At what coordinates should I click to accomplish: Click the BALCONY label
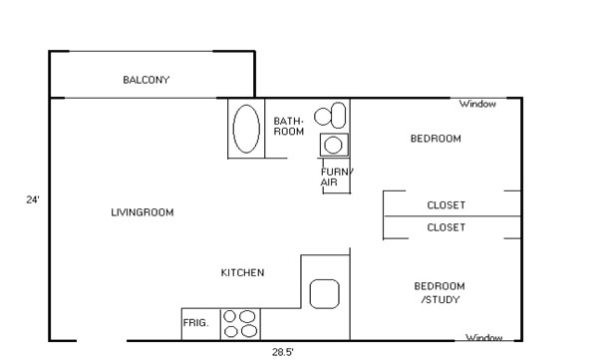click(147, 80)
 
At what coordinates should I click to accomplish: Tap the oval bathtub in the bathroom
click(246, 129)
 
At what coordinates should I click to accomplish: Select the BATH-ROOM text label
click(288, 126)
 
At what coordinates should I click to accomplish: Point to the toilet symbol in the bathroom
click(333, 114)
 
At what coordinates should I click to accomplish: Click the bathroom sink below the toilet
click(334, 145)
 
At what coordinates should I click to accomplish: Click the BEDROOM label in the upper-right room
click(436, 139)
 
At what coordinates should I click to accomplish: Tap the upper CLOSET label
click(446, 205)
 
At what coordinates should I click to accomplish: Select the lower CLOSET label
click(446, 227)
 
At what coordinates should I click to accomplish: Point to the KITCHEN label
click(242, 272)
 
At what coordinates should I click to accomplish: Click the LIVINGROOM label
click(143, 211)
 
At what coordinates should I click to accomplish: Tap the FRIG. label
click(195, 324)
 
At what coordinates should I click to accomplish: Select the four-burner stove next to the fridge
click(239, 324)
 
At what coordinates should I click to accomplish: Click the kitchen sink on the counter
click(325, 293)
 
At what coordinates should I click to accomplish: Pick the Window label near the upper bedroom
click(478, 104)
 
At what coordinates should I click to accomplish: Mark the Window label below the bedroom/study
click(484, 337)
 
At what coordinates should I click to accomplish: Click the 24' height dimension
click(32, 199)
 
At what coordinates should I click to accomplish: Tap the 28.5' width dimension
click(283, 351)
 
